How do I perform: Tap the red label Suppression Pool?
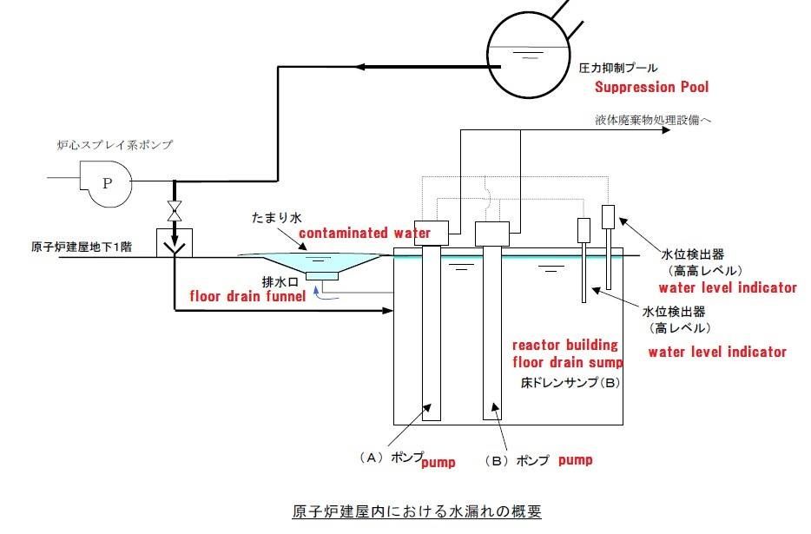pyautogui.click(x=651, y=87)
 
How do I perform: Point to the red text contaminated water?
pyautogui.click(x=365, y=234)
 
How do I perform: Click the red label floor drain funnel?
pyautogui.click(x=247, y=297)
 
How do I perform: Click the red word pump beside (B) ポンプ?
pyautogui.click(x=575, y=459)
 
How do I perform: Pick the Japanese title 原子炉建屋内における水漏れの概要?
pyautogui.click(x=416, y=511)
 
